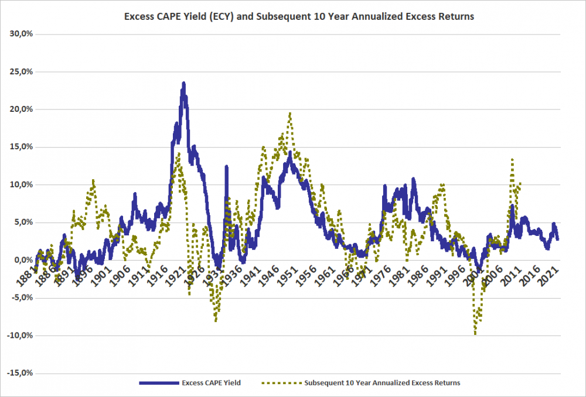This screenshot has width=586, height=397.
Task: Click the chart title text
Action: (x=299, y=16)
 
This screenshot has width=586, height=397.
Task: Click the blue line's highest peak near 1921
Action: (x=184, y=83)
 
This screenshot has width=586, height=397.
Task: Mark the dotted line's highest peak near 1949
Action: (x=290, y=113)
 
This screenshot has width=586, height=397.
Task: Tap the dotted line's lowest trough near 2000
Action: (x=475, y=334)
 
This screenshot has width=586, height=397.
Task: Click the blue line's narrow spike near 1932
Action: (x=226, y=167)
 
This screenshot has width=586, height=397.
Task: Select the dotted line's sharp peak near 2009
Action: (x=512, y=159)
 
